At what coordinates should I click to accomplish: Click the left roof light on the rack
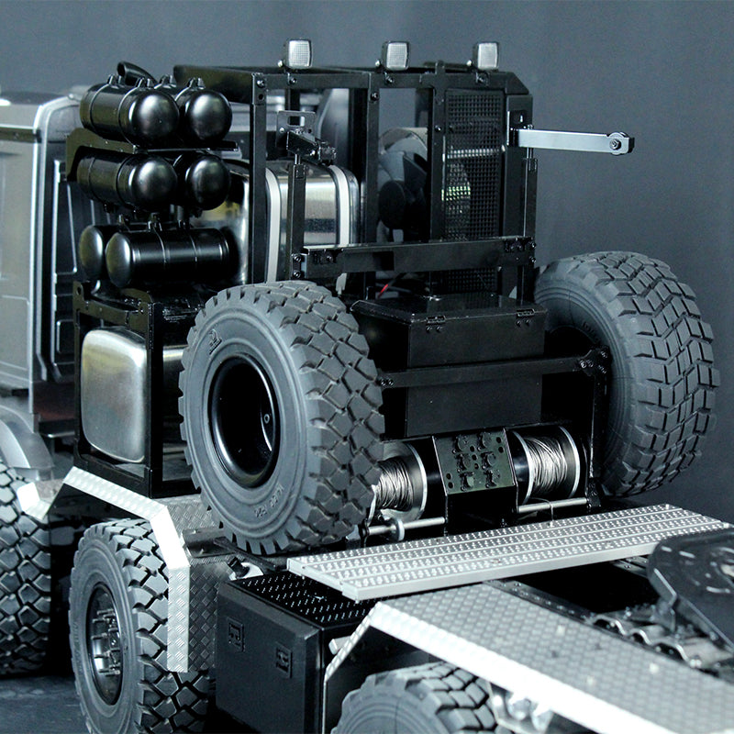tap(298, 53)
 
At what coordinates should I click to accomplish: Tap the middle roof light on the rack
tap(395, 55)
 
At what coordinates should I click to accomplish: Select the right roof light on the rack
tap(485, 55)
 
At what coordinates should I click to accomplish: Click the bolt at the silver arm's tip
tap(619, 143)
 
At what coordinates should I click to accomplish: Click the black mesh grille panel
tap(473, 156)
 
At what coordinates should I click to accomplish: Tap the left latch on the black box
tap(434, 318)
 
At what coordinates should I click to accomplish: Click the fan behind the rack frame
tap(404, 183)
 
